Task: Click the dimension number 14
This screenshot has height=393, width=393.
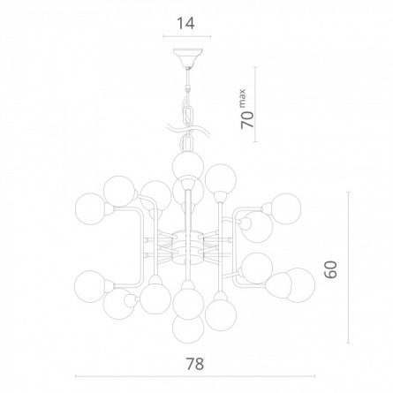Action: pos(185,24)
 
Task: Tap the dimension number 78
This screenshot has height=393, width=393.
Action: pos(194,364)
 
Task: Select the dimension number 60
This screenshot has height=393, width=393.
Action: pos(330,269)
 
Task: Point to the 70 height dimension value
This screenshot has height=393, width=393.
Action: pos(247,120)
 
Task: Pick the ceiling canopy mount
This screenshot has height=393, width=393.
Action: pos(188,57)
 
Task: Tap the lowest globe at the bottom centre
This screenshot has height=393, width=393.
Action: pos(188,328)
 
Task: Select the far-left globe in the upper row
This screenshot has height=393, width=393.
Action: pos(91,209)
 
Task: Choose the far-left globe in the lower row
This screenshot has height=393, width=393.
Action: pos(90,286)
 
